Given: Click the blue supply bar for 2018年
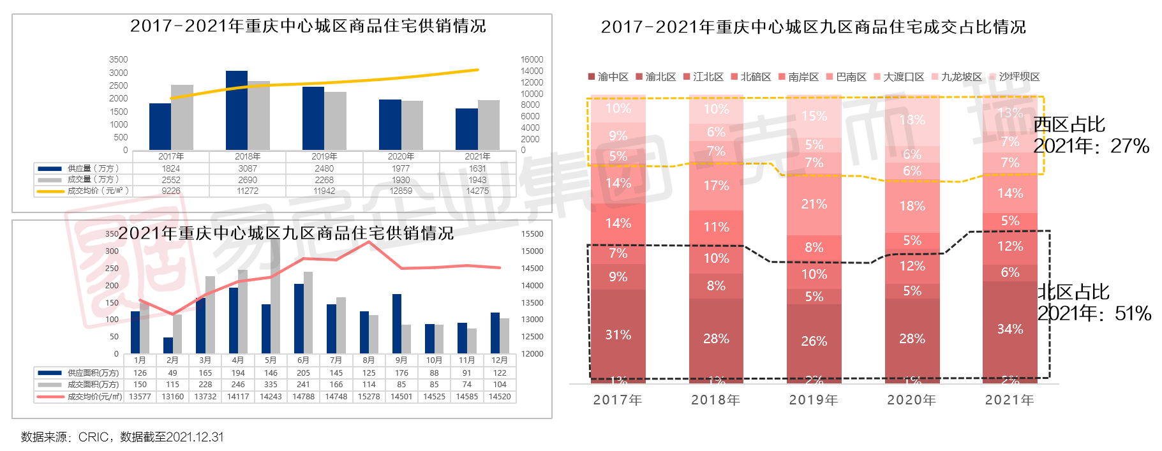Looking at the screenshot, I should coord(237,110).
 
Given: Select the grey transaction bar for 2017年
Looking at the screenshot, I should coord(182,117).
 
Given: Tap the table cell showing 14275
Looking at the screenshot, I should coord(477,191).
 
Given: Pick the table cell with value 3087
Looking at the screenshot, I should coord(248,168).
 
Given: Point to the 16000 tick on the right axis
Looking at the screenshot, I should coord(532,59).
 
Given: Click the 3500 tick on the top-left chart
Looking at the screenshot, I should coord(119,59).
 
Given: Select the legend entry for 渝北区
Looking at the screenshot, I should coord(656,77).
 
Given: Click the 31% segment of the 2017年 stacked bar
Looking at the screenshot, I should coord(618,334).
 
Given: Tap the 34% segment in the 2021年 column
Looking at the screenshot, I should coord(1010,329).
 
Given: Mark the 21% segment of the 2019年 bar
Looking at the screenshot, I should coord(814,204).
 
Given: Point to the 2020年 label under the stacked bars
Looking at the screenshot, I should coord(912,400).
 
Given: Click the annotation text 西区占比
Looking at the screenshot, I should coord(1069,124).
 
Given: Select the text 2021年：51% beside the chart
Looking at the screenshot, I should coord(1094,313).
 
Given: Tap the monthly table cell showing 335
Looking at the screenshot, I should coord(271,385).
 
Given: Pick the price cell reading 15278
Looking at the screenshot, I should coord(369,397).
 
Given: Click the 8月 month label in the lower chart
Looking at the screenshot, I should coord(369,360).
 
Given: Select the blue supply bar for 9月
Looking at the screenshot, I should coord(397,323).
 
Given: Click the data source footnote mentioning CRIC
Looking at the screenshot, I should coord(123,437).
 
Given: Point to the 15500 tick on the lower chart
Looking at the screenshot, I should coord(532,234).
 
